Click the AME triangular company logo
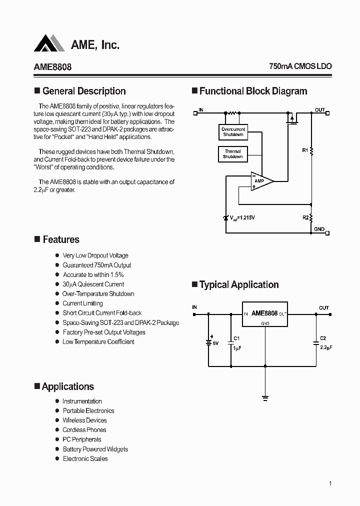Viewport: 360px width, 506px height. [49, 43]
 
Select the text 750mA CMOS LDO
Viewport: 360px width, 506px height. [300, 66]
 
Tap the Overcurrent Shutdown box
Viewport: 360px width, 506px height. [233, 132]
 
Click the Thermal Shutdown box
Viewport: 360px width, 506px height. [232, 154]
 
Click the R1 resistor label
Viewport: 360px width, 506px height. [305, 149]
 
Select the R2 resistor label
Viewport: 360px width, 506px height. [305, 217]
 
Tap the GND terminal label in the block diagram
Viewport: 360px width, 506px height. [319, 229]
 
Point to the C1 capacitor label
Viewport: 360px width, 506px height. [237, 338]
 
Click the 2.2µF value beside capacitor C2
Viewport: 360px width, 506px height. [326, 347]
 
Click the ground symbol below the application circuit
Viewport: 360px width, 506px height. [265, 398]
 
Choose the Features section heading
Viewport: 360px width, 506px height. [60, 239]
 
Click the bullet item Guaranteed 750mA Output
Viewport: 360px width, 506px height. [96, 265]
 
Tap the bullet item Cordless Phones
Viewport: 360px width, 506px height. [84, 430]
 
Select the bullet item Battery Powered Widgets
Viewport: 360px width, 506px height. [95, 449]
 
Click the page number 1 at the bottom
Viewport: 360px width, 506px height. [330, 483]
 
